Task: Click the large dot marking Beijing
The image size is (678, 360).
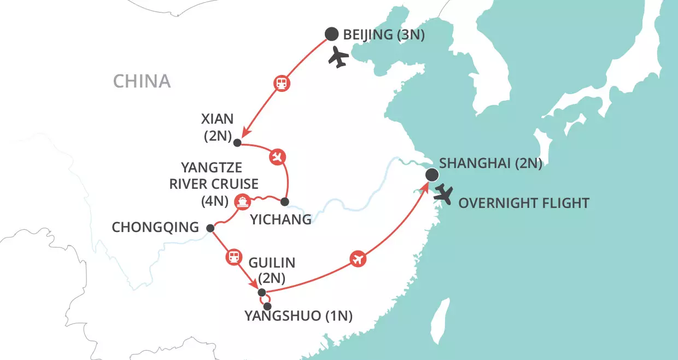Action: point(331,34)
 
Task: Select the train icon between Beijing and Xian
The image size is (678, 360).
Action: point(282,84)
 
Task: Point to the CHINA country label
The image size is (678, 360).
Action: point(142,82)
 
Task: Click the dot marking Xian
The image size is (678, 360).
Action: point(237,143)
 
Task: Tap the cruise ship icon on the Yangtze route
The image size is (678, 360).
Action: point(242,201)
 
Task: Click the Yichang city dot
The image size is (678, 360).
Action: point(284,202)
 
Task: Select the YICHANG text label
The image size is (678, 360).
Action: point(280,220)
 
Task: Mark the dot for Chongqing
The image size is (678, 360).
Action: point(210,228)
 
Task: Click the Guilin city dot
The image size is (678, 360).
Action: point(261,292)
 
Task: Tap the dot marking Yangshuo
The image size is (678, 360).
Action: point(267,306)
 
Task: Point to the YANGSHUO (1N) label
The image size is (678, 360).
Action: point(299,316)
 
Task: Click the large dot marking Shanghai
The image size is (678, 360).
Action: point(431,175)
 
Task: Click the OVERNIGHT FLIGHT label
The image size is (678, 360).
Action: point(523,204)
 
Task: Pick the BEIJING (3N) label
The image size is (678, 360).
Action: point(384,34)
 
